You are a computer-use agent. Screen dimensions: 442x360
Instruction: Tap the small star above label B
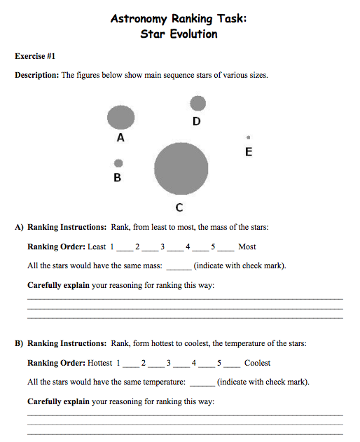click(x=118, y=163)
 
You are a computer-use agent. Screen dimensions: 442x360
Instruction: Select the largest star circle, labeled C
click(x=181, y=169)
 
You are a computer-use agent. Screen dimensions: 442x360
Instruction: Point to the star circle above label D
click(x=198, y=104)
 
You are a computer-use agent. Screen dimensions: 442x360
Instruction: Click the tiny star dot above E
click(x=248, y=137)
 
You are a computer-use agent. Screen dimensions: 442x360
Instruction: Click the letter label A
click(x=120, y=138)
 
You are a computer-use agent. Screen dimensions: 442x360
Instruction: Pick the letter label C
click(x=180, y=207)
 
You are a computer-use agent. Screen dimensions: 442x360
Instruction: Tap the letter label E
click(x=248, y=151)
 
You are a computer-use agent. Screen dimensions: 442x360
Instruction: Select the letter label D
click(x=197, y=121)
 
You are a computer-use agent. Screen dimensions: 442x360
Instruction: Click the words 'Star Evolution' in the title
click(x=179, y=34)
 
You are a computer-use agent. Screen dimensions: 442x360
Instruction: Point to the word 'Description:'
click(x=37, y=75)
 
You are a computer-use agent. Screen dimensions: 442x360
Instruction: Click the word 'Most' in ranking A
click(x=247, y=247)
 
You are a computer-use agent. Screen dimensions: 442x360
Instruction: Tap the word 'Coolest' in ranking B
click(x=257, y=363)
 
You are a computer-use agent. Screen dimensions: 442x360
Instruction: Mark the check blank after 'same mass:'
click(x=178, y=267)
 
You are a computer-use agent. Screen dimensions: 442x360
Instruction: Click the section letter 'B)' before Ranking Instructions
click(x=20, y=343)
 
